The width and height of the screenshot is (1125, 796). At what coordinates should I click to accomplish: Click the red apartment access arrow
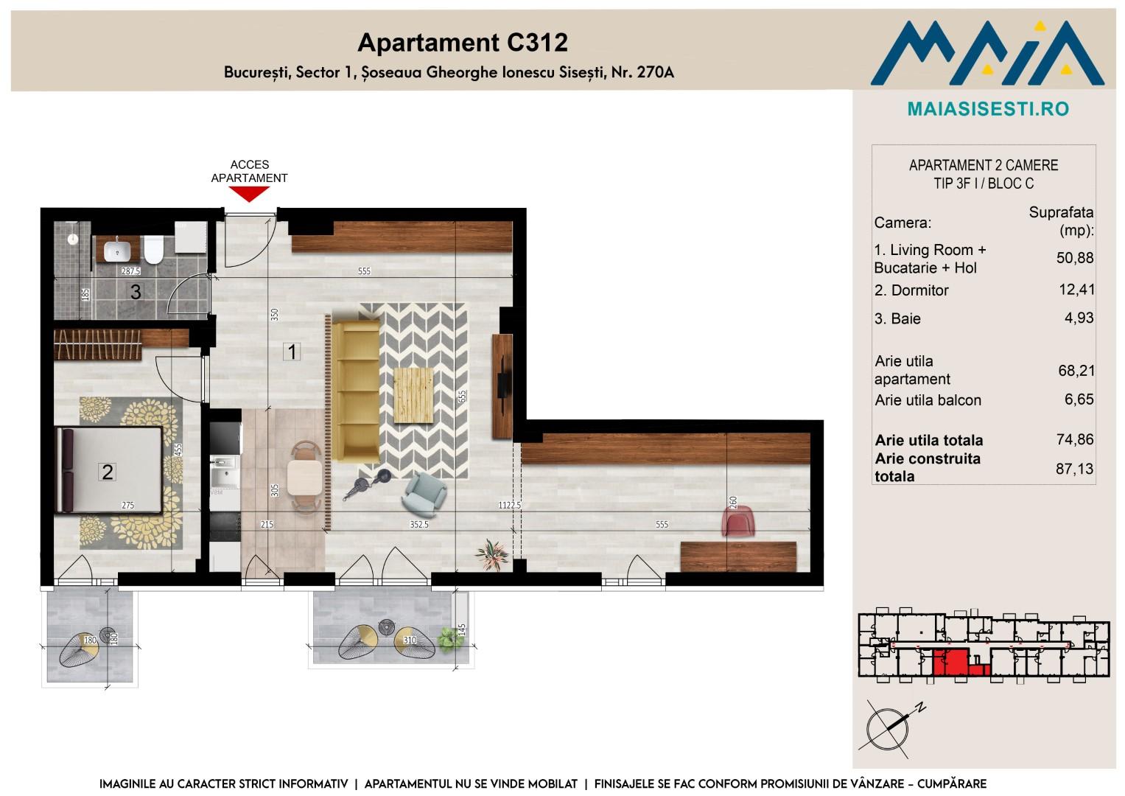pos(249,193)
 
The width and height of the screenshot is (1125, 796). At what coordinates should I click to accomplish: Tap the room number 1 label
pos(292,352)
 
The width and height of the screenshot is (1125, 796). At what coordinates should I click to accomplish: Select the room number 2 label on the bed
pos(107,472)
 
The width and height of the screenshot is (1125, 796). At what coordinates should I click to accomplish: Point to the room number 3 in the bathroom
pos(136,292)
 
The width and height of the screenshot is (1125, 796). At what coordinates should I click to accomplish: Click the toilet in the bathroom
pos(154,249)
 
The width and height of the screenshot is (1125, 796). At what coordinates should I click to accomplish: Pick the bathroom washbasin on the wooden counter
pos(117,251)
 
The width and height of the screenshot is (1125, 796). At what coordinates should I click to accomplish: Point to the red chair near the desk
pos(738,521)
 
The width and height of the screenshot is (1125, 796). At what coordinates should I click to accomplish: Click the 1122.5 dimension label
pos(509,505)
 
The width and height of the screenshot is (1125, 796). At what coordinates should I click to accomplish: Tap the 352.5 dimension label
pos(419,525)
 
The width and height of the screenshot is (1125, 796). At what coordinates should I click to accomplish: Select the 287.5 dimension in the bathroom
pos(131,271)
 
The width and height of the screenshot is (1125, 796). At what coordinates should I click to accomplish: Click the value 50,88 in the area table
pos(1075,258)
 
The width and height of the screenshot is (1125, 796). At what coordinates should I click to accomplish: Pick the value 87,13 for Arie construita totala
pos(1074,469)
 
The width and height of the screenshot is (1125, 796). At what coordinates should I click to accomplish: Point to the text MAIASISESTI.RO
pos(988,109)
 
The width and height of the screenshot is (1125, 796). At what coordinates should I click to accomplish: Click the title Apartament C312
pos(463,43)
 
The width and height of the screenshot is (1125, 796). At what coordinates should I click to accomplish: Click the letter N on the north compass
pos(920,708)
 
